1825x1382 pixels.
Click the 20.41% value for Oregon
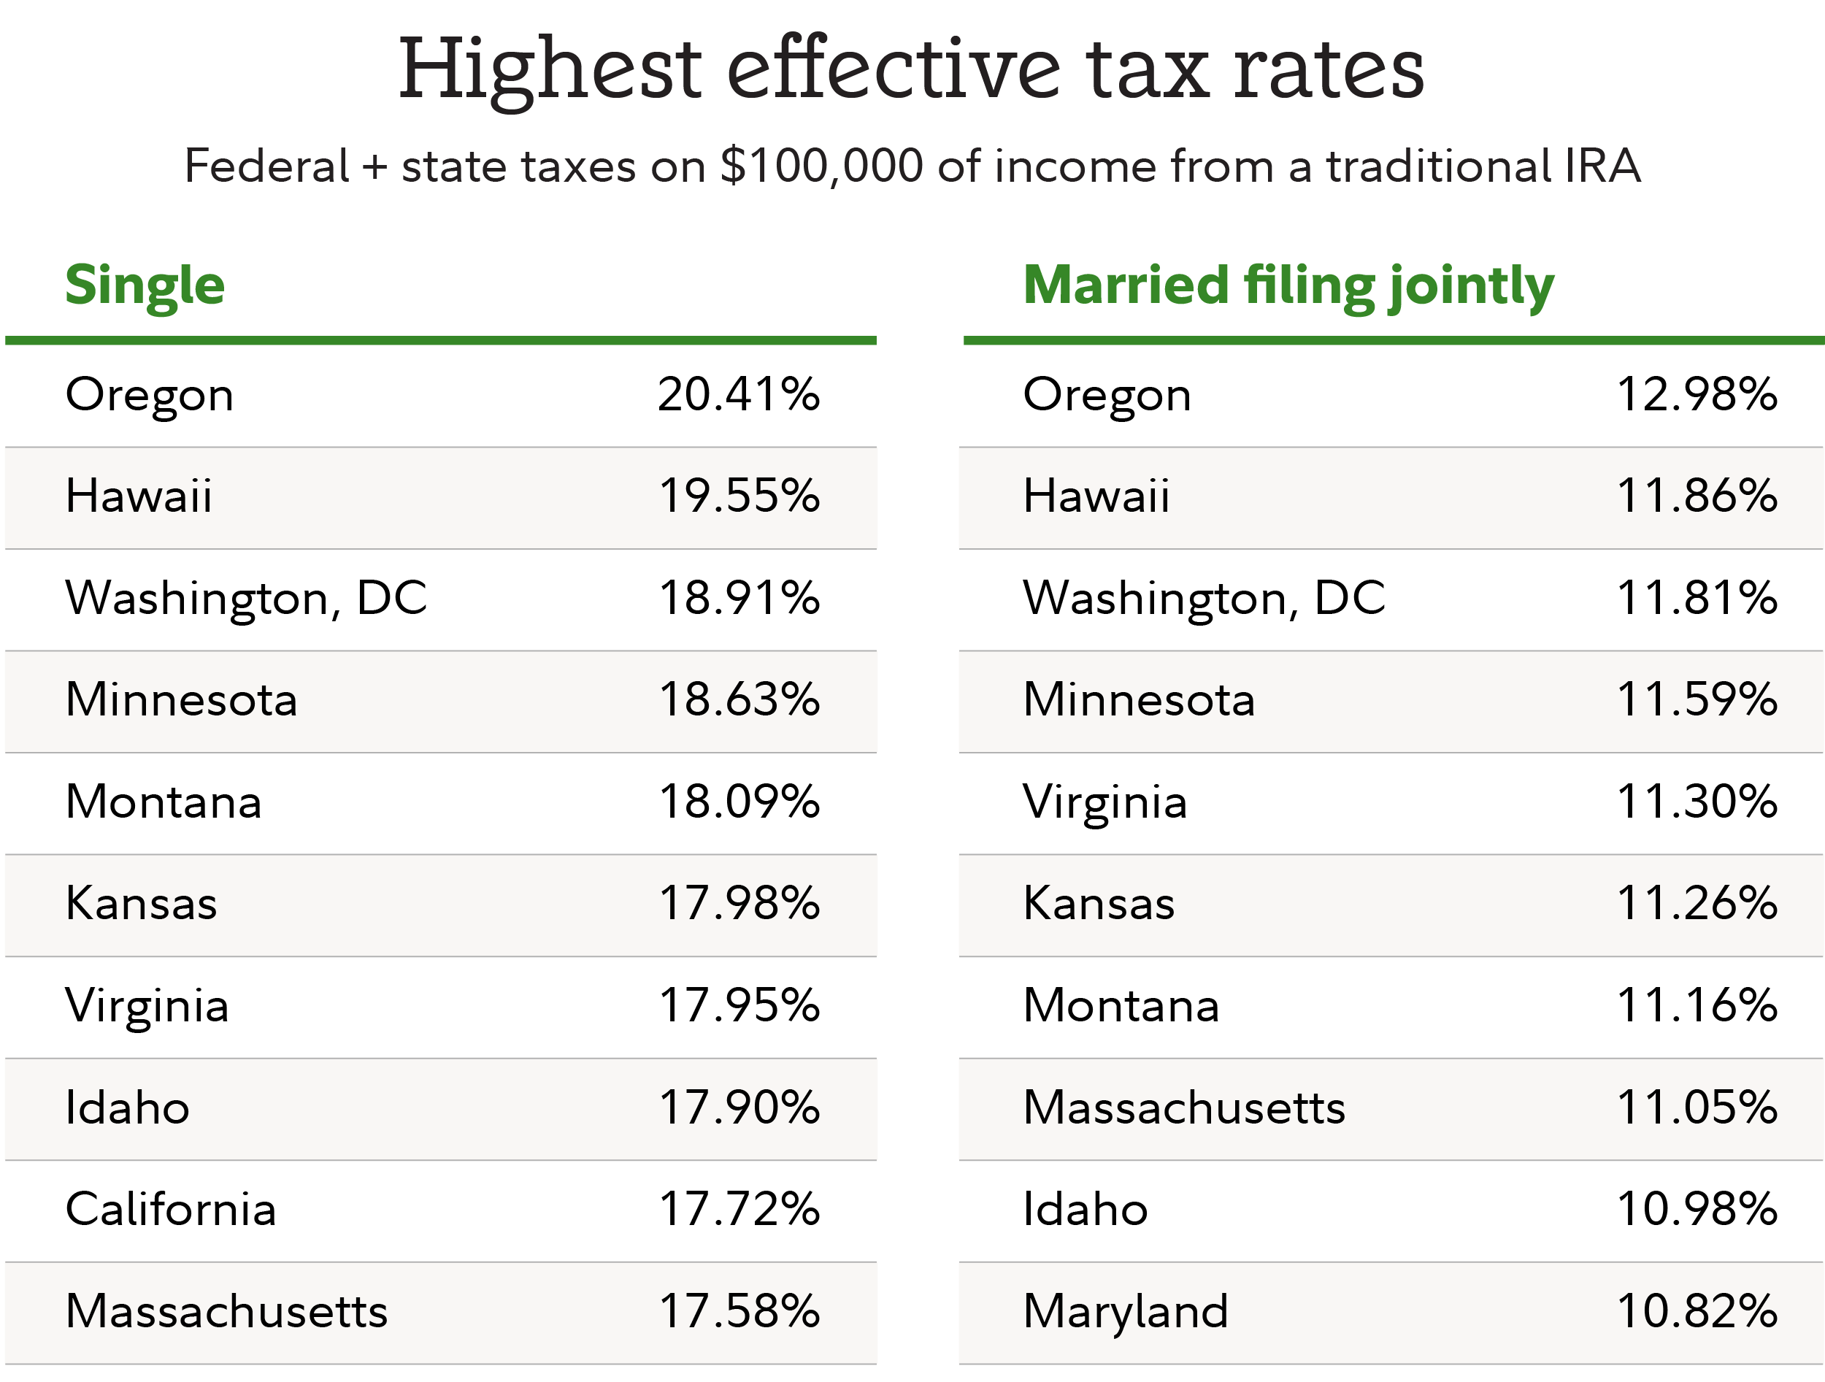point(739,394)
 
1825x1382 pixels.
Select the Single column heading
point(145,285)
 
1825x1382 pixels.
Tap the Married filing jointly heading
point(1288,285)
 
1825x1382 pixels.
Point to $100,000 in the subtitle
point(821,166)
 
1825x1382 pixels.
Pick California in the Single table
point(170,1210)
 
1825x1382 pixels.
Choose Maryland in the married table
point(1126,1311)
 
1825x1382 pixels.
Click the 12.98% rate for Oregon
point(1697,394)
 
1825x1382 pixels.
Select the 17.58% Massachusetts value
point(739,1311)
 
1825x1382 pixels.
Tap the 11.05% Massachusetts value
point(1697,1107)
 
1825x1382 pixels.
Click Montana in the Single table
point(164,802)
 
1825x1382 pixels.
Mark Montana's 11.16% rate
point(1697,1006)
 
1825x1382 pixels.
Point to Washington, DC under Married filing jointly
point(1204,598)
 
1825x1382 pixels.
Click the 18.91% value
point(739,598)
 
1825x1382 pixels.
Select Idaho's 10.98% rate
point(1697,1210)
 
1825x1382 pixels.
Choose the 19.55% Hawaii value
point(739,496)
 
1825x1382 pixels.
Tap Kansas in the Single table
point(141,904)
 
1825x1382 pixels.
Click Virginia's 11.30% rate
point(1697,802)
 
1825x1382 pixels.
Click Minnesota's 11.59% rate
point(1697,699)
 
